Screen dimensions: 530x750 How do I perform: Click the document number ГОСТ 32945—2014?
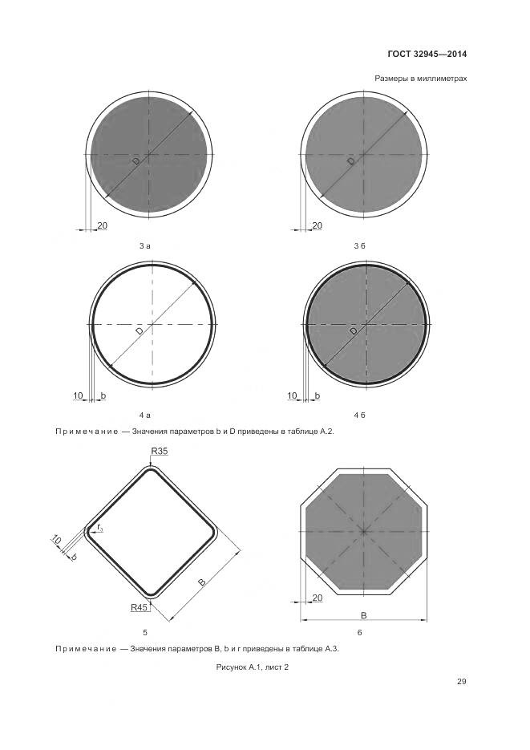coord(427,54)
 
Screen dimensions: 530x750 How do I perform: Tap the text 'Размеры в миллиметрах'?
coord(421,79)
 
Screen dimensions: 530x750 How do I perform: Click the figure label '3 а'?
coord(145,246)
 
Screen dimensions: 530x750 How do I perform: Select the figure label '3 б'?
coord(359,246)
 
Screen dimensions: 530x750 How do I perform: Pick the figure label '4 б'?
coord(359,415)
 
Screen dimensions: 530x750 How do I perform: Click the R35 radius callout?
coord(159,451)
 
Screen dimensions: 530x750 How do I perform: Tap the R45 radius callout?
coord(139,607)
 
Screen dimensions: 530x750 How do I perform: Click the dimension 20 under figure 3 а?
coord(103,225)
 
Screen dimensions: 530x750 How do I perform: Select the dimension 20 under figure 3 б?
coord(317,225)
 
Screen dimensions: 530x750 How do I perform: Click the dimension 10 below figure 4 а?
coord(78,395)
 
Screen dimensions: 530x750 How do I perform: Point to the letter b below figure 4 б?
coord(318,396)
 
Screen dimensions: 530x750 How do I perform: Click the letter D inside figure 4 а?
coord(139,331)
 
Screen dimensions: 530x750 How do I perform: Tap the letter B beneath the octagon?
coord(363,615)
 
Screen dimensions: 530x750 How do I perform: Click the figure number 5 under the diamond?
coord(145,632)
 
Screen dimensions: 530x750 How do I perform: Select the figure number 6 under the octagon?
coord(360,632)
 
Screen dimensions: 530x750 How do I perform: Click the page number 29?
coord(461,682)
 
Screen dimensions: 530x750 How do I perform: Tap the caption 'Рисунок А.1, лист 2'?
coord(253,667)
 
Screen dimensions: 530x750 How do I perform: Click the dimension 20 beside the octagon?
coord(317,598)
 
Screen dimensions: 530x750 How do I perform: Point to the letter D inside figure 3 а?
coord(136,162)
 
